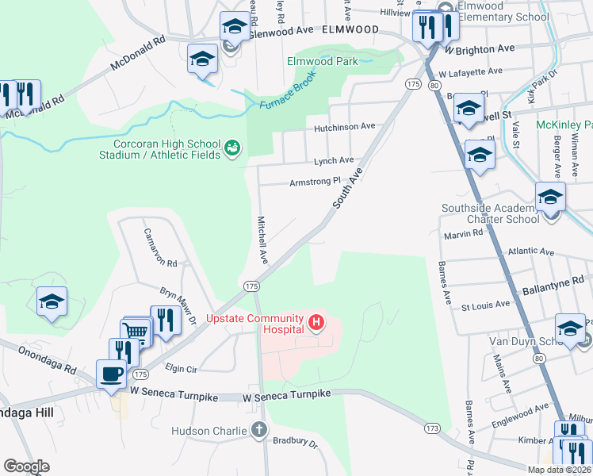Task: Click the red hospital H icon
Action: point(316,322)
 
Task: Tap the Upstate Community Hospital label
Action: point(255,324)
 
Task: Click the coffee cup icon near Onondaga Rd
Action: point(111,373)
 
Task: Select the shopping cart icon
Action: point(137,331)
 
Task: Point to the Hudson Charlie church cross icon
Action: point(258,431)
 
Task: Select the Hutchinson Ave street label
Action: point(343,126)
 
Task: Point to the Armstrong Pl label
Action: point(314,181)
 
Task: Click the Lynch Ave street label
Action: point(333,160)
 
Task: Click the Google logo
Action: point(26,466)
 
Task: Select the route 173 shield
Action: point(431,428)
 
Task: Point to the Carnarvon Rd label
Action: point(159,248)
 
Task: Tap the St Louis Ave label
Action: point(485,305)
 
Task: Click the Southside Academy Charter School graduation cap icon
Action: point(549,195)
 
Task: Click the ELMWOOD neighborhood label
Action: point(350,29)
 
